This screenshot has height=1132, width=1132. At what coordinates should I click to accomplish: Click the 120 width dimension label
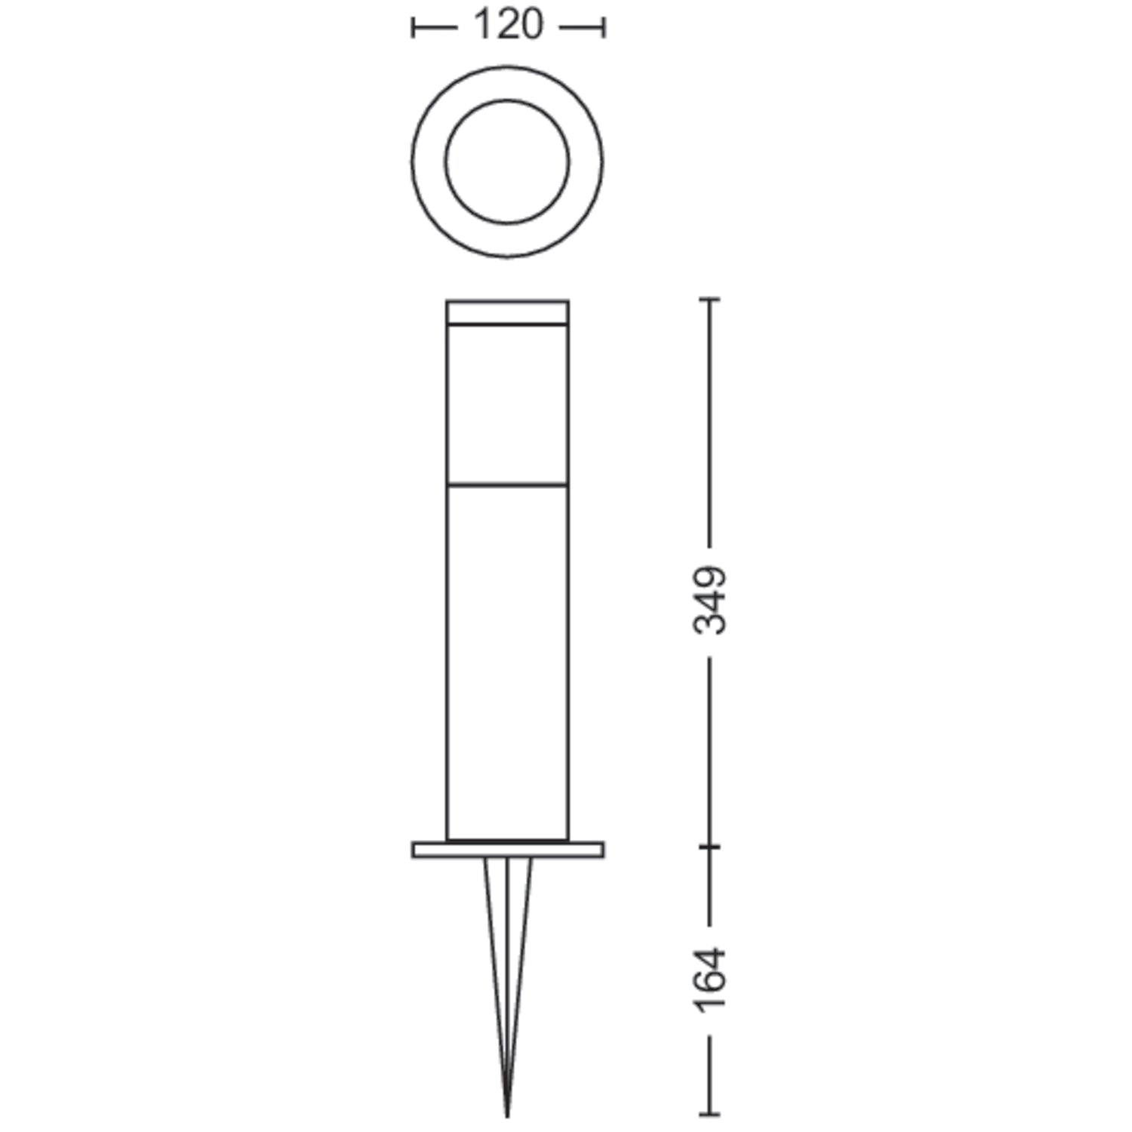(x=507, y=26)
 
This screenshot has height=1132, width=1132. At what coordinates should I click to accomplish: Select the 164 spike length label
(x=710, y=979)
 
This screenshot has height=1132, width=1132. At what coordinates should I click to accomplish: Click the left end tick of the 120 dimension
(x=413, y=28)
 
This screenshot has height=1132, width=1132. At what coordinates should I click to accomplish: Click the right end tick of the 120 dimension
(x=603, y=28)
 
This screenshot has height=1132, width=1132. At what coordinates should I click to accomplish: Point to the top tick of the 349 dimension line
(x=710, y=300)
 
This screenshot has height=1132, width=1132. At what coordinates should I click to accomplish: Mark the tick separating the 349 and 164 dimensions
(x=710, y=847)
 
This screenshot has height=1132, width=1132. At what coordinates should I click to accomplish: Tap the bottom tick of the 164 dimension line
(x=710, y=1114)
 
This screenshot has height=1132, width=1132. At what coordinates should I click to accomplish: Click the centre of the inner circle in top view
(x=507, y=161)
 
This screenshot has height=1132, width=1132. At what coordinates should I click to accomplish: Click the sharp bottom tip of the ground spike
(x=507, y=1115)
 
